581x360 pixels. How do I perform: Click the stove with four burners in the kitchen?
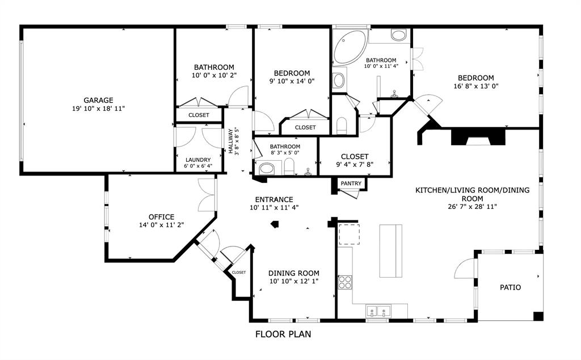point(344,282)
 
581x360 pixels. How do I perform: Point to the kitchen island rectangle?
point(390,251)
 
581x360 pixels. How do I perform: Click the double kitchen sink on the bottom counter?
point(379,311)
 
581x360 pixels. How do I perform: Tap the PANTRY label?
point(351,183)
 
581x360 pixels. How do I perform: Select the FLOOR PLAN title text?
point(283,334)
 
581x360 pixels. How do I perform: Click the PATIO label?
point(510,287)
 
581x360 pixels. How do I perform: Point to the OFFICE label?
point(161,217)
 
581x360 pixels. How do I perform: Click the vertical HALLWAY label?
point(231,141)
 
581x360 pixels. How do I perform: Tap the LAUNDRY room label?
point(198,160)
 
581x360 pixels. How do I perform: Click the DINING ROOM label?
point(293,273)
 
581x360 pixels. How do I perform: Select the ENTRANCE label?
point(273,199)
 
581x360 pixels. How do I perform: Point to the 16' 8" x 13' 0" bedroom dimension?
point(476,86)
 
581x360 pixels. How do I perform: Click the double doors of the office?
point(207,195)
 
